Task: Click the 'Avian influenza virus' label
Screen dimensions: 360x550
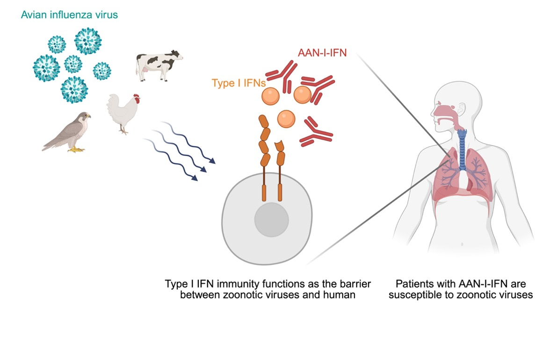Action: tap(69, 15)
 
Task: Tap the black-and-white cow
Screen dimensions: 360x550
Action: tap(158, 65)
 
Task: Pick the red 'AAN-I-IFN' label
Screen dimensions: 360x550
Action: tap(322, 53)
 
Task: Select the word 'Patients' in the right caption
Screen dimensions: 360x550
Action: tap(413, 284)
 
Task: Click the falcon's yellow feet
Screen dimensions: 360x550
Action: tap(77, 150)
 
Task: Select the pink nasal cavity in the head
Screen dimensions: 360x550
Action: tap(443, 110)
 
